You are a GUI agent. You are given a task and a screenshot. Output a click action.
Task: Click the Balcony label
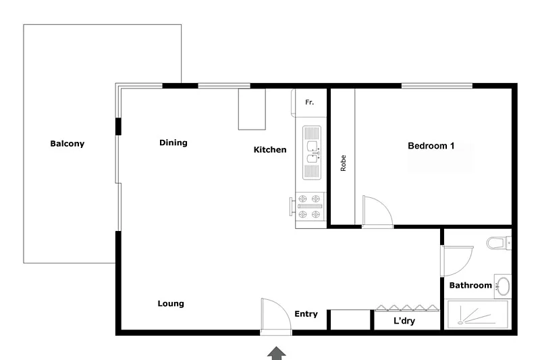[67, 143]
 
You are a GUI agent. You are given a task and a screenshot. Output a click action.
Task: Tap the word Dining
[173, 143]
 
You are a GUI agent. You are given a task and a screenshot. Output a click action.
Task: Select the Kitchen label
[270, 150]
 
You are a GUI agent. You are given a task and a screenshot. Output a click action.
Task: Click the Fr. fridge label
[310, 102]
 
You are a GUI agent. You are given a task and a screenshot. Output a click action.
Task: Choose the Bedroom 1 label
[431, 145]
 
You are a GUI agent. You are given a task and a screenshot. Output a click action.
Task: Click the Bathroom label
[470, 286]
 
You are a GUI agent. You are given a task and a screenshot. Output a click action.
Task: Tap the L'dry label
[404, 321]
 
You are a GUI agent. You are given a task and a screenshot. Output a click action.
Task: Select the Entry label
[306, 314]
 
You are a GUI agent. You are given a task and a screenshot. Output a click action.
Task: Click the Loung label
[171, 304]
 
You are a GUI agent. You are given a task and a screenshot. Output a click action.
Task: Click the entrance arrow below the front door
[276, 352]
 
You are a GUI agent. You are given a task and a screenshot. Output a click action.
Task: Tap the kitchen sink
[311, 152]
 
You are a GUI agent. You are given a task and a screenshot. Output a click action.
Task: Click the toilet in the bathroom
[498, 242]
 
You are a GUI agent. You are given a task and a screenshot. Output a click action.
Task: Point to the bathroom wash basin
[502, 286]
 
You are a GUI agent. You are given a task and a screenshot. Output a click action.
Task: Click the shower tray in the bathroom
[477, 315]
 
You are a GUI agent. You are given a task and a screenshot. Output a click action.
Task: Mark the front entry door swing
[275, 315]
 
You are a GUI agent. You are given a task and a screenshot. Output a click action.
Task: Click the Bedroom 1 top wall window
[437, 85]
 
